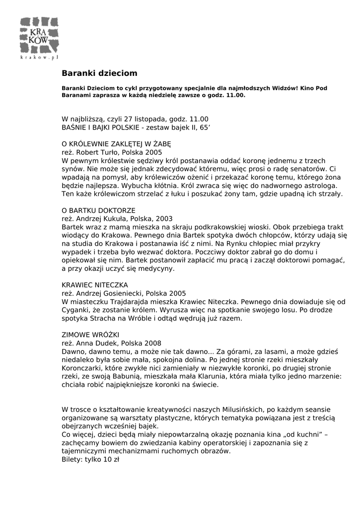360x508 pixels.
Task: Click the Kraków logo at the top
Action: pos(39,38)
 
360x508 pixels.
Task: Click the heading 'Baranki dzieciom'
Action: pos(99,73)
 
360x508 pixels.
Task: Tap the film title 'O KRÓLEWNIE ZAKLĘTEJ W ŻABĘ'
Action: pos(116,143)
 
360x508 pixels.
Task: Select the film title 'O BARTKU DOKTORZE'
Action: pos(98,210)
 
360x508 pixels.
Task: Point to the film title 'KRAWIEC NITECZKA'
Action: pos(95,285)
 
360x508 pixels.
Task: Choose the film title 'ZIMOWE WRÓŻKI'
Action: pos(90,335)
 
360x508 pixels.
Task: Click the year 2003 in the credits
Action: pos(164,219)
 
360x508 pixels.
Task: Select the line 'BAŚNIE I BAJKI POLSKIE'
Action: pos(100,127)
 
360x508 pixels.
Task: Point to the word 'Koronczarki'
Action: pos(82,369)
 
